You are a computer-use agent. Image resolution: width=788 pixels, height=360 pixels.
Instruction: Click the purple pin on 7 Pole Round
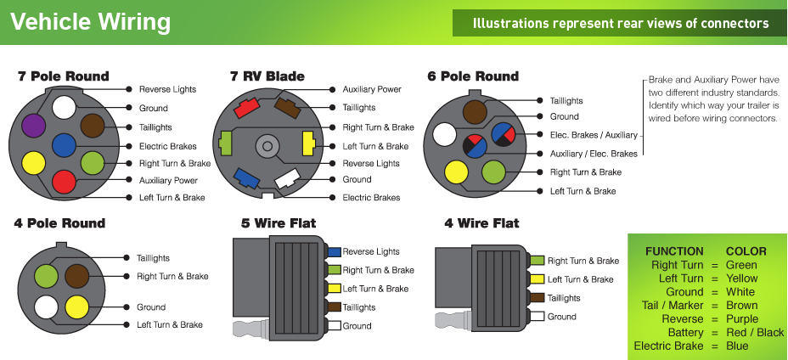coord(33,127)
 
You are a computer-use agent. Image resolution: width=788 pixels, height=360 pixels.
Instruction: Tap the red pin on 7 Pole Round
coord(64,181)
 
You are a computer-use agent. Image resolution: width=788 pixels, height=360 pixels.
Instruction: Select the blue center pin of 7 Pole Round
coord(64,144)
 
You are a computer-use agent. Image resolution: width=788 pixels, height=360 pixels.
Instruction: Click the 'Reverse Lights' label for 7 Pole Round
coord(167,89)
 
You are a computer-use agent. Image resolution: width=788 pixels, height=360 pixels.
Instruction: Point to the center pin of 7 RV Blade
coord(266,146)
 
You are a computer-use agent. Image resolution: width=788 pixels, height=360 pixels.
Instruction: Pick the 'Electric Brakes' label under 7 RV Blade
coord(371,198)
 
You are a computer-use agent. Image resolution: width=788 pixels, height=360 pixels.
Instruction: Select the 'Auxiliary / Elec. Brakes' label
coord(594,154)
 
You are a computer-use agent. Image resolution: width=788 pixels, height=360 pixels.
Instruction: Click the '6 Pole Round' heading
coord(473,76)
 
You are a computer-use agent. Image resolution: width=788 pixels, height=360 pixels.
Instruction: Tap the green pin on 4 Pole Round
coord(46,276)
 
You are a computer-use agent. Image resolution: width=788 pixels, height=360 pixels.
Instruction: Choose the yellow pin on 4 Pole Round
coord(76,306)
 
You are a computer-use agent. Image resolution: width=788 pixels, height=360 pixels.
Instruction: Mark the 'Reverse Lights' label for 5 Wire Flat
coord(371,252)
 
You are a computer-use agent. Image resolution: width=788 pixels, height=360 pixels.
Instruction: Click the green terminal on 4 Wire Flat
coord(536,261)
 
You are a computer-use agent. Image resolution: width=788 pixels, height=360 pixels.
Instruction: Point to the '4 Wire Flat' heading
coord(481,223)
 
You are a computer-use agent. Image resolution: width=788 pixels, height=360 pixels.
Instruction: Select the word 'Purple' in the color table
coord(744,318)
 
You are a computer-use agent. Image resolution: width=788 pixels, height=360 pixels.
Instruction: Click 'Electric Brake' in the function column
coord(668,346)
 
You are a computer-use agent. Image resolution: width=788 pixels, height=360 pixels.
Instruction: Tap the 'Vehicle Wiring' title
coord(90,22)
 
